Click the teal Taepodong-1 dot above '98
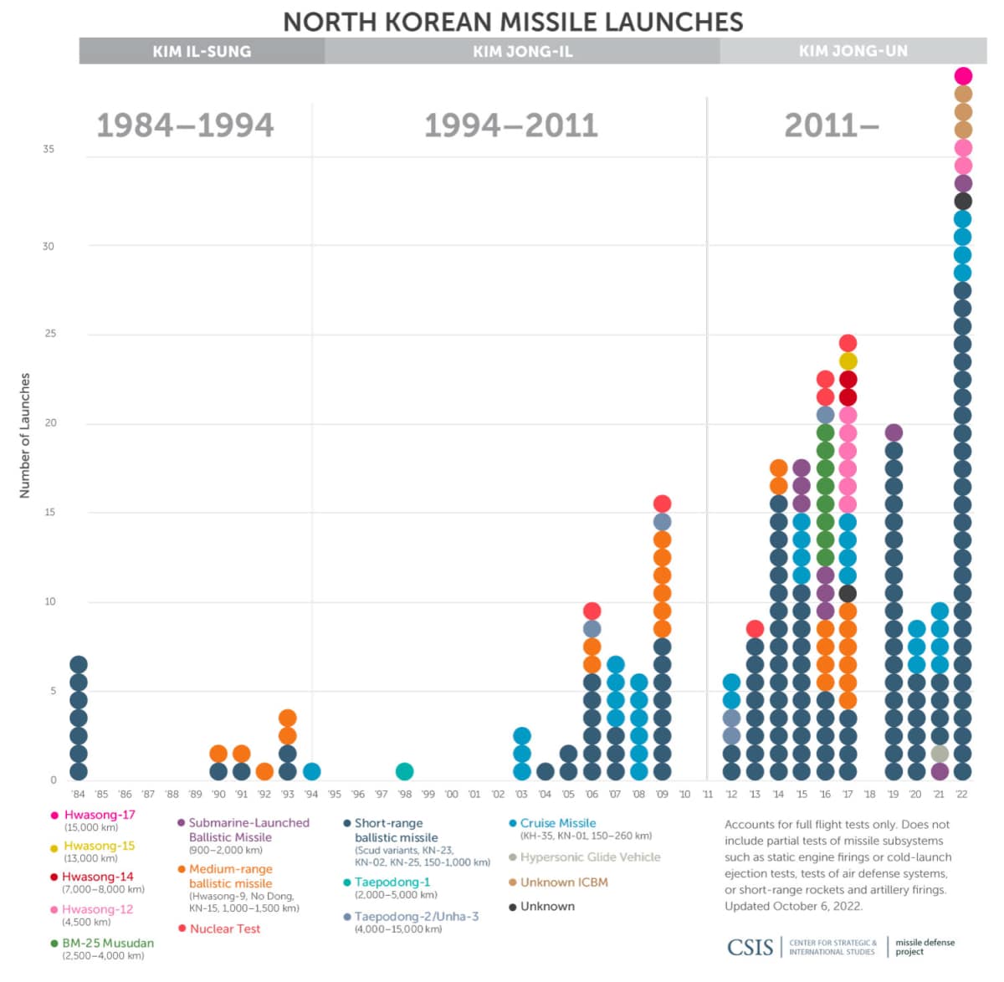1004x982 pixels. click(x=404, y=771)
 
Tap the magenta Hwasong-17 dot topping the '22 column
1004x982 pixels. click(x=963, y=76)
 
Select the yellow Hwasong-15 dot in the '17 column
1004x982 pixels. click(x=848, y=361)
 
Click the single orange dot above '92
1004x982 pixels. click(x=264, y=771)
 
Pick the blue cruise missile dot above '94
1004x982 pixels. click(x=311, y=771)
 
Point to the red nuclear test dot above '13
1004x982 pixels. click(x=755, y=628)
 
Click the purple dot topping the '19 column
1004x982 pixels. click(x=894, y=432)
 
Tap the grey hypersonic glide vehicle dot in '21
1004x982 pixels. click(x=940, y=754)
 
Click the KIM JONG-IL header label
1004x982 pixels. click(x=522, y=51)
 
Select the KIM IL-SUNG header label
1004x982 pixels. click(x=202, y=51)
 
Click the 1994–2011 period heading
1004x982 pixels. click(x=510, y=125)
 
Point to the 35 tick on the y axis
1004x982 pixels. click(x=49, y=149)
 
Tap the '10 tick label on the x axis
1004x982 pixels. click(x=684, y=794)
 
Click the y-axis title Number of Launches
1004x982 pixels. click(x=25, y=435)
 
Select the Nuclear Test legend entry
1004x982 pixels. click(x=224, y=928)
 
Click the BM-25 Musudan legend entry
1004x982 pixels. click(x=108, y=943)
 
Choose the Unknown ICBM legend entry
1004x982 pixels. click(x=563, y=882)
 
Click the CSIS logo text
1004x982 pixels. click(x=750, y=947)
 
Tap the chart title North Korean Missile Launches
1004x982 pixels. click(x=513, y=21)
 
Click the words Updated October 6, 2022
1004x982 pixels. click(x=793, y=906)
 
